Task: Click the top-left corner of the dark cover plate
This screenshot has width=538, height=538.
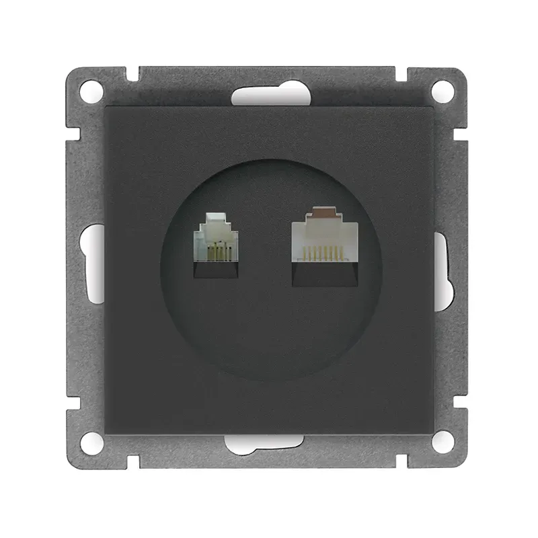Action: tap(107, 107)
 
